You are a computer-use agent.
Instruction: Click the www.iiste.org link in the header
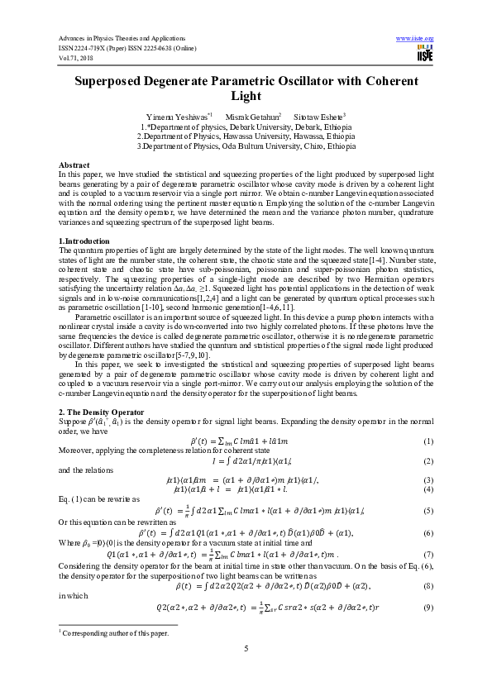tap(415, 38)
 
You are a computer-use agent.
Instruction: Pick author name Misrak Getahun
tap(256, 117)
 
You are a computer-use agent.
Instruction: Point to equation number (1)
tap(428, 442)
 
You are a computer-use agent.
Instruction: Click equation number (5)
tap(428, 512)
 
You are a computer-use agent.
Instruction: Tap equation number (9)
tap(428, 608)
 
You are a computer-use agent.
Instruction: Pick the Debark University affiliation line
tap(246, 127)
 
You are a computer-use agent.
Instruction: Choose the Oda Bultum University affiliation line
tap(246, 145)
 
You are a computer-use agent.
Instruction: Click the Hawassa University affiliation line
tap(246, 136)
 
